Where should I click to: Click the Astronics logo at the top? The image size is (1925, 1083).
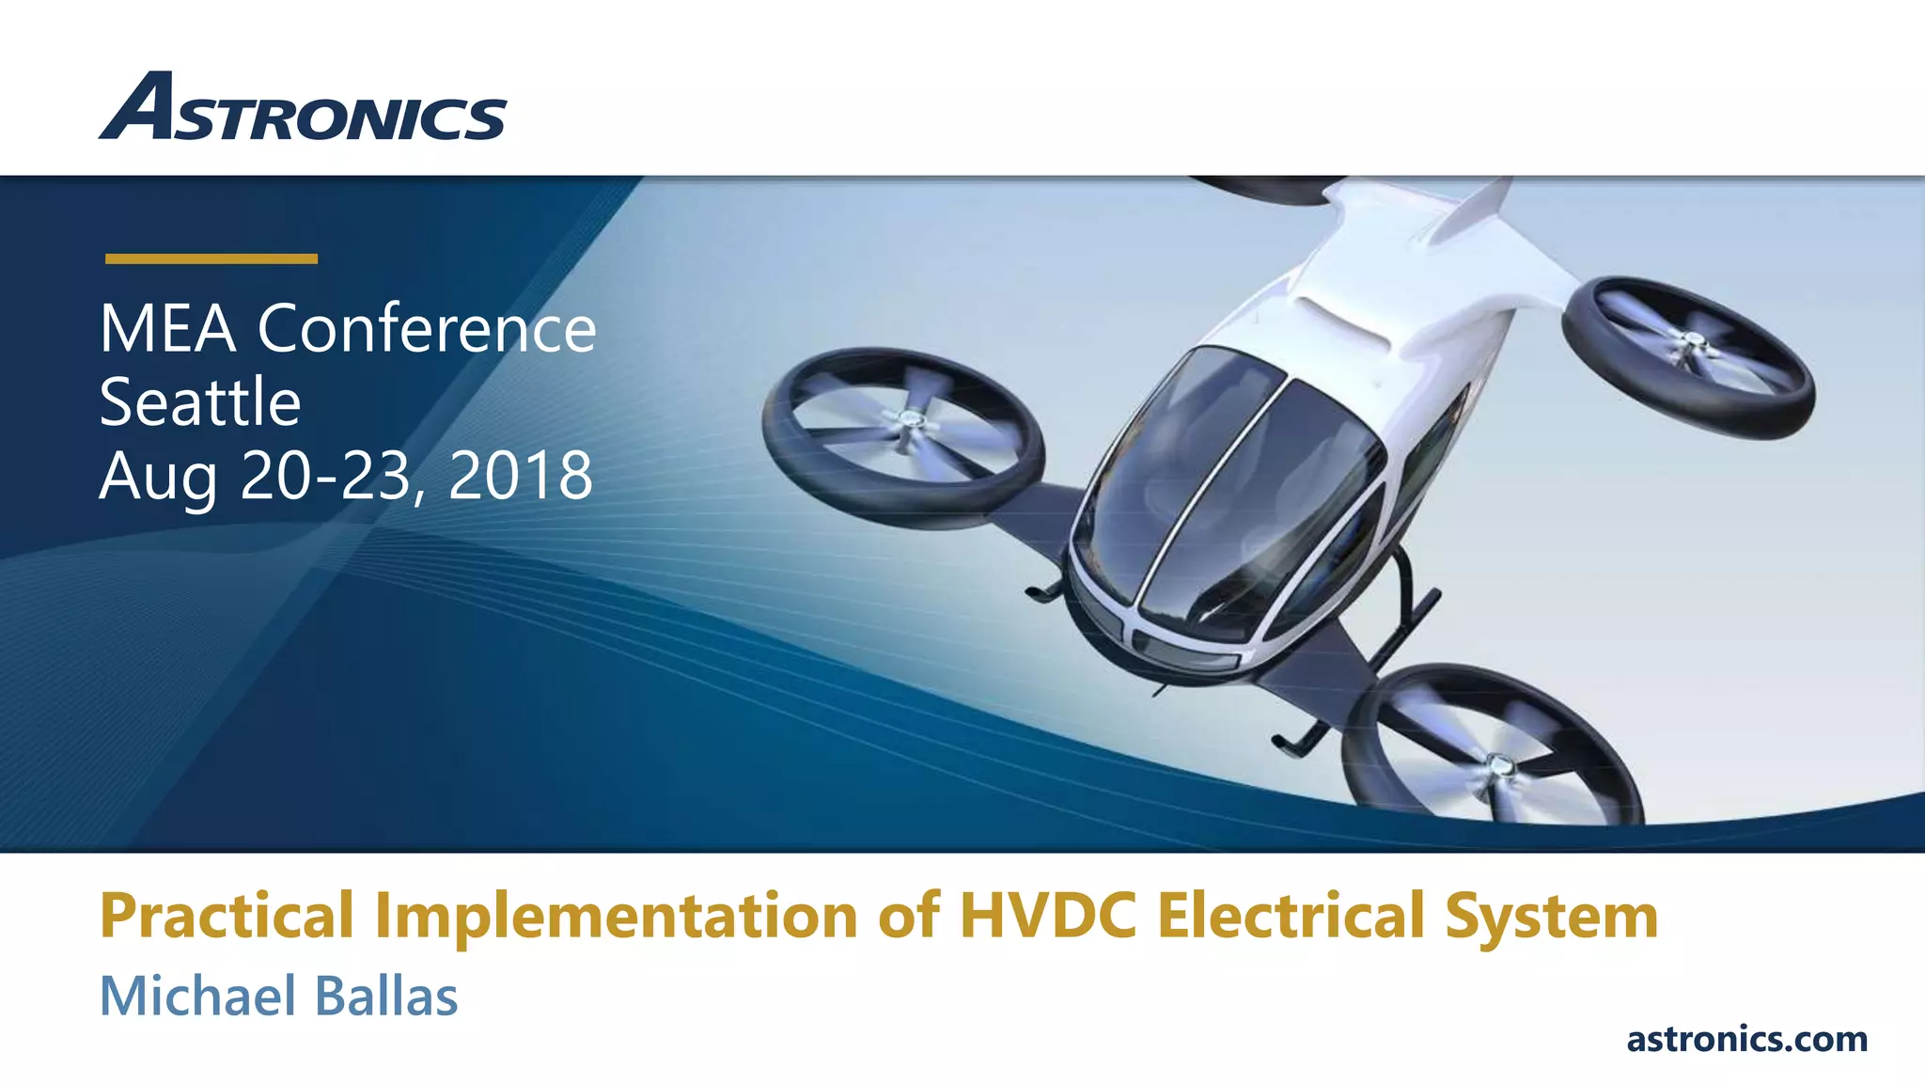click(x=303, y=108)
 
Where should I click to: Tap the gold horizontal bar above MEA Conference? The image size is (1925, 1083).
click(x=211, y=259)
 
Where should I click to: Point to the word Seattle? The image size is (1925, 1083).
click(x=200, y=402)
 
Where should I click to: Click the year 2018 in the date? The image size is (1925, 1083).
click(x=521, y=476)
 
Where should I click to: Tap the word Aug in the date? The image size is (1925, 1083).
click(x=158, y=478)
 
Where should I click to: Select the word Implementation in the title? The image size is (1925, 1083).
click(x=616, y=916)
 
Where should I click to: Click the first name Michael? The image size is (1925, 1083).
click(x=198, y=996)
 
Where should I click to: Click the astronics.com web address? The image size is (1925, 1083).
click(x=1746, y=1039)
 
